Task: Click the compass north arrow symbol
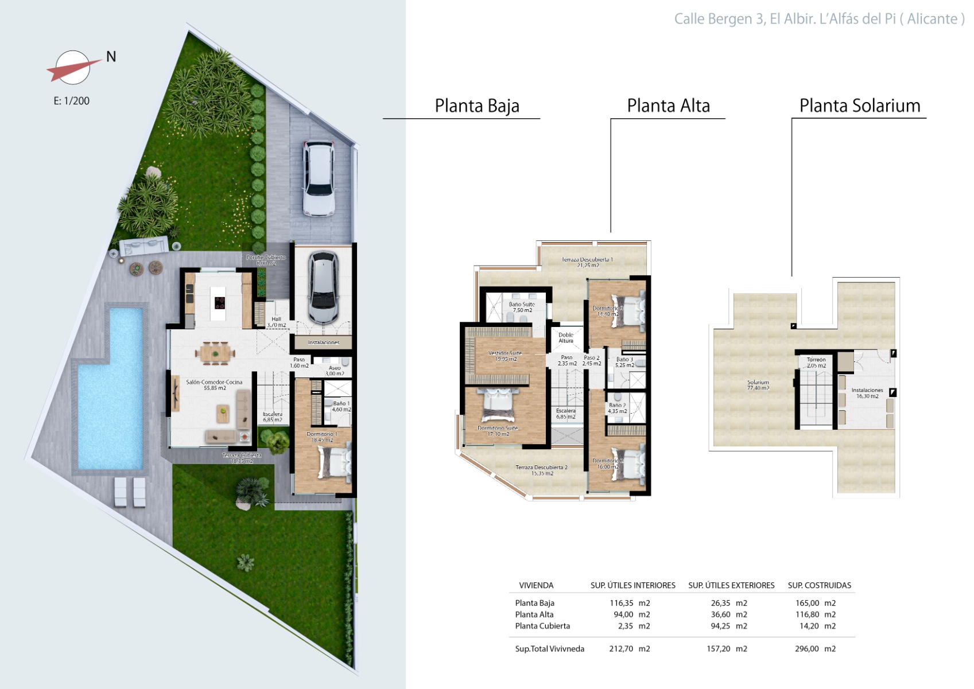tap(72, 68)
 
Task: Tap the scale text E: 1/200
tap(72, 101)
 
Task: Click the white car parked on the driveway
tap(319, 178)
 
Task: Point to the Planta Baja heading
tap(476, 106)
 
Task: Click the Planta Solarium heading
tap(859, 106)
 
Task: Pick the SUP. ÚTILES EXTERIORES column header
tap(731, 586)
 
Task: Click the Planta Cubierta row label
tap(542, 626)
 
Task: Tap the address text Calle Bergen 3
tap(720, 19)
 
